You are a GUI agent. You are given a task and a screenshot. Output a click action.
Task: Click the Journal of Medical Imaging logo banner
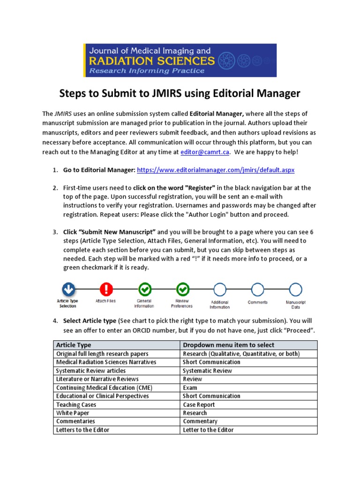click(x=180, y=60)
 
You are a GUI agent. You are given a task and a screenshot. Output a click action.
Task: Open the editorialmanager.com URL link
click(x=216, y=170)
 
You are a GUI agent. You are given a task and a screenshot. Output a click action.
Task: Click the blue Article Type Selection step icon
click(x=68, y=289)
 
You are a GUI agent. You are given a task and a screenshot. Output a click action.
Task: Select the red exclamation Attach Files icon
click(x=106, y=289)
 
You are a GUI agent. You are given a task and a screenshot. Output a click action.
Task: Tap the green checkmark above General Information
click(x=144, y=289)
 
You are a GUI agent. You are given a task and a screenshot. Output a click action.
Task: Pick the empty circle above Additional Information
click(x=219, y=289)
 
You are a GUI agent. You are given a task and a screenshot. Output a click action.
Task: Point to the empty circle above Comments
click(x=257, y=289)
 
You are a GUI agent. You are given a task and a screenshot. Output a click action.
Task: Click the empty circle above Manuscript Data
click(x=295, y=289)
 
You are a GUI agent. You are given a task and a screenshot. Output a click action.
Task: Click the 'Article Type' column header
click(x=74, y=345)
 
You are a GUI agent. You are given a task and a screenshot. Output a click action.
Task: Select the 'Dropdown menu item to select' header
click(x=229, y=345)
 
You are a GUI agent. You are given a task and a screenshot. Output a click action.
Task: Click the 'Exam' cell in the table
click(x=190, y=388)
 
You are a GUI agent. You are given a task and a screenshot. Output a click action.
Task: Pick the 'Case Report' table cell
click(x=199, y=405)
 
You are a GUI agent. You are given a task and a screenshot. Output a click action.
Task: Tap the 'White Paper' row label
click(x=73, y=413)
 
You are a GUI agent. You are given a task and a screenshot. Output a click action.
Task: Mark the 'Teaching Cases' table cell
click(x=76, y=405)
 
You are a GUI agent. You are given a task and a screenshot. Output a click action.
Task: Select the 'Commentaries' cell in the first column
click(x=75, y=421)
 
